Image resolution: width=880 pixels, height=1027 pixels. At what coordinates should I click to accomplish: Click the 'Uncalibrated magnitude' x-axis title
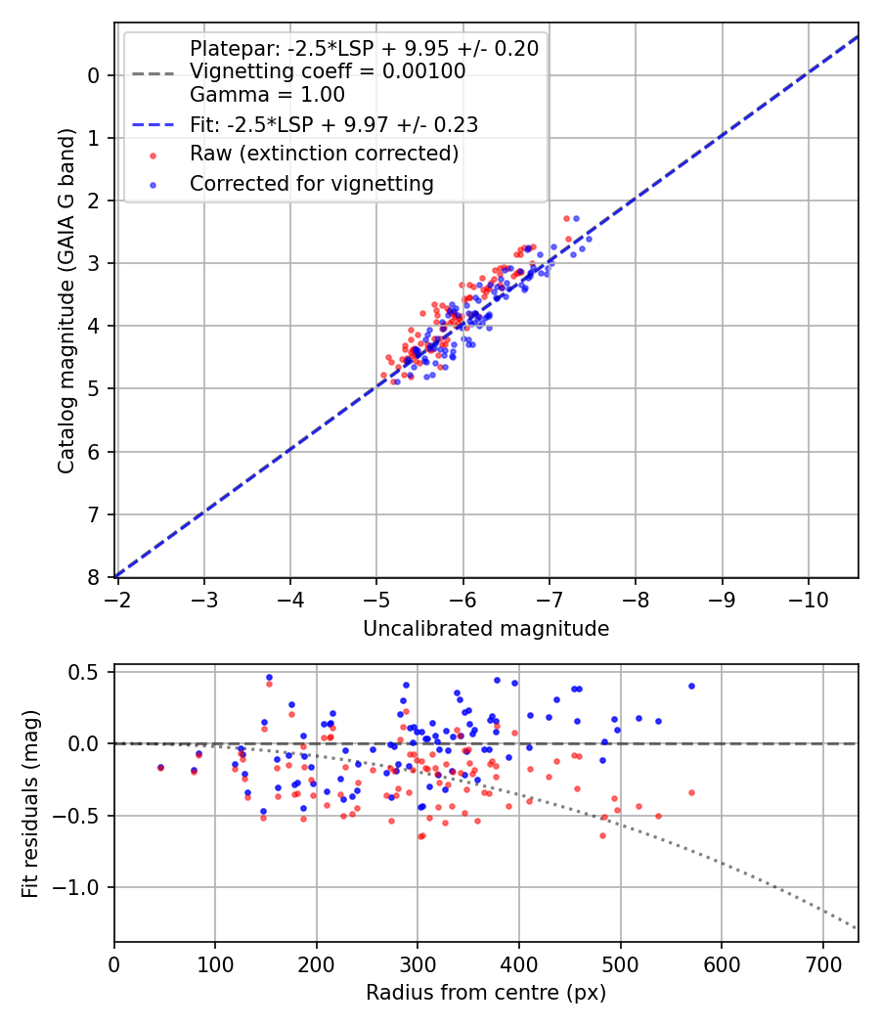coord(486,629)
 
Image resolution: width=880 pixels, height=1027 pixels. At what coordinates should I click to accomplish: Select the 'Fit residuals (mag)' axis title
coord(31,804)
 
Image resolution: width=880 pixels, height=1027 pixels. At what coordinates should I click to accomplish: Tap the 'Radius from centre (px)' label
coord(486,993)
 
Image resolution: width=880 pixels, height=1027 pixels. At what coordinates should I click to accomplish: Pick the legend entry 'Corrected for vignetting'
coord(312,183)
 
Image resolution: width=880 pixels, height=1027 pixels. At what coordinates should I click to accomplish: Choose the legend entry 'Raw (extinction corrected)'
coord(324,154)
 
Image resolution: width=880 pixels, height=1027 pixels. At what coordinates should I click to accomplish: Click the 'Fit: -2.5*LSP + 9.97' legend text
coord(333,124)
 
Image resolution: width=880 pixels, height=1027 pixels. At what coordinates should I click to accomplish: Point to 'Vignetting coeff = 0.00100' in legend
coord(328,71)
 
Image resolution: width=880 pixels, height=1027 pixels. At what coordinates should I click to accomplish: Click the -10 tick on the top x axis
coord(808,596)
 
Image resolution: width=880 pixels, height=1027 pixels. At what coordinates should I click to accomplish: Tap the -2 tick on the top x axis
coord(117,596)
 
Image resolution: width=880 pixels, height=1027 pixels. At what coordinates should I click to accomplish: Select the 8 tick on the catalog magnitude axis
coord(96,577)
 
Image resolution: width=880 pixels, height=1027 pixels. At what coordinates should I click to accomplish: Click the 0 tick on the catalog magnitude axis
coord(96,75)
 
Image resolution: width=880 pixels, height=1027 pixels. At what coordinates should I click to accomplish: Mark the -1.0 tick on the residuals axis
coord(82,887)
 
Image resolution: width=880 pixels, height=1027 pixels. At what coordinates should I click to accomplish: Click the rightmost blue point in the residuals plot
coord(691,686)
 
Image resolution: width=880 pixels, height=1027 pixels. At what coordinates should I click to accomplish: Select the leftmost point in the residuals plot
coord(160,768)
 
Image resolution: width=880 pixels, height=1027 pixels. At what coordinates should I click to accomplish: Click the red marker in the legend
coord(153,155)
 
